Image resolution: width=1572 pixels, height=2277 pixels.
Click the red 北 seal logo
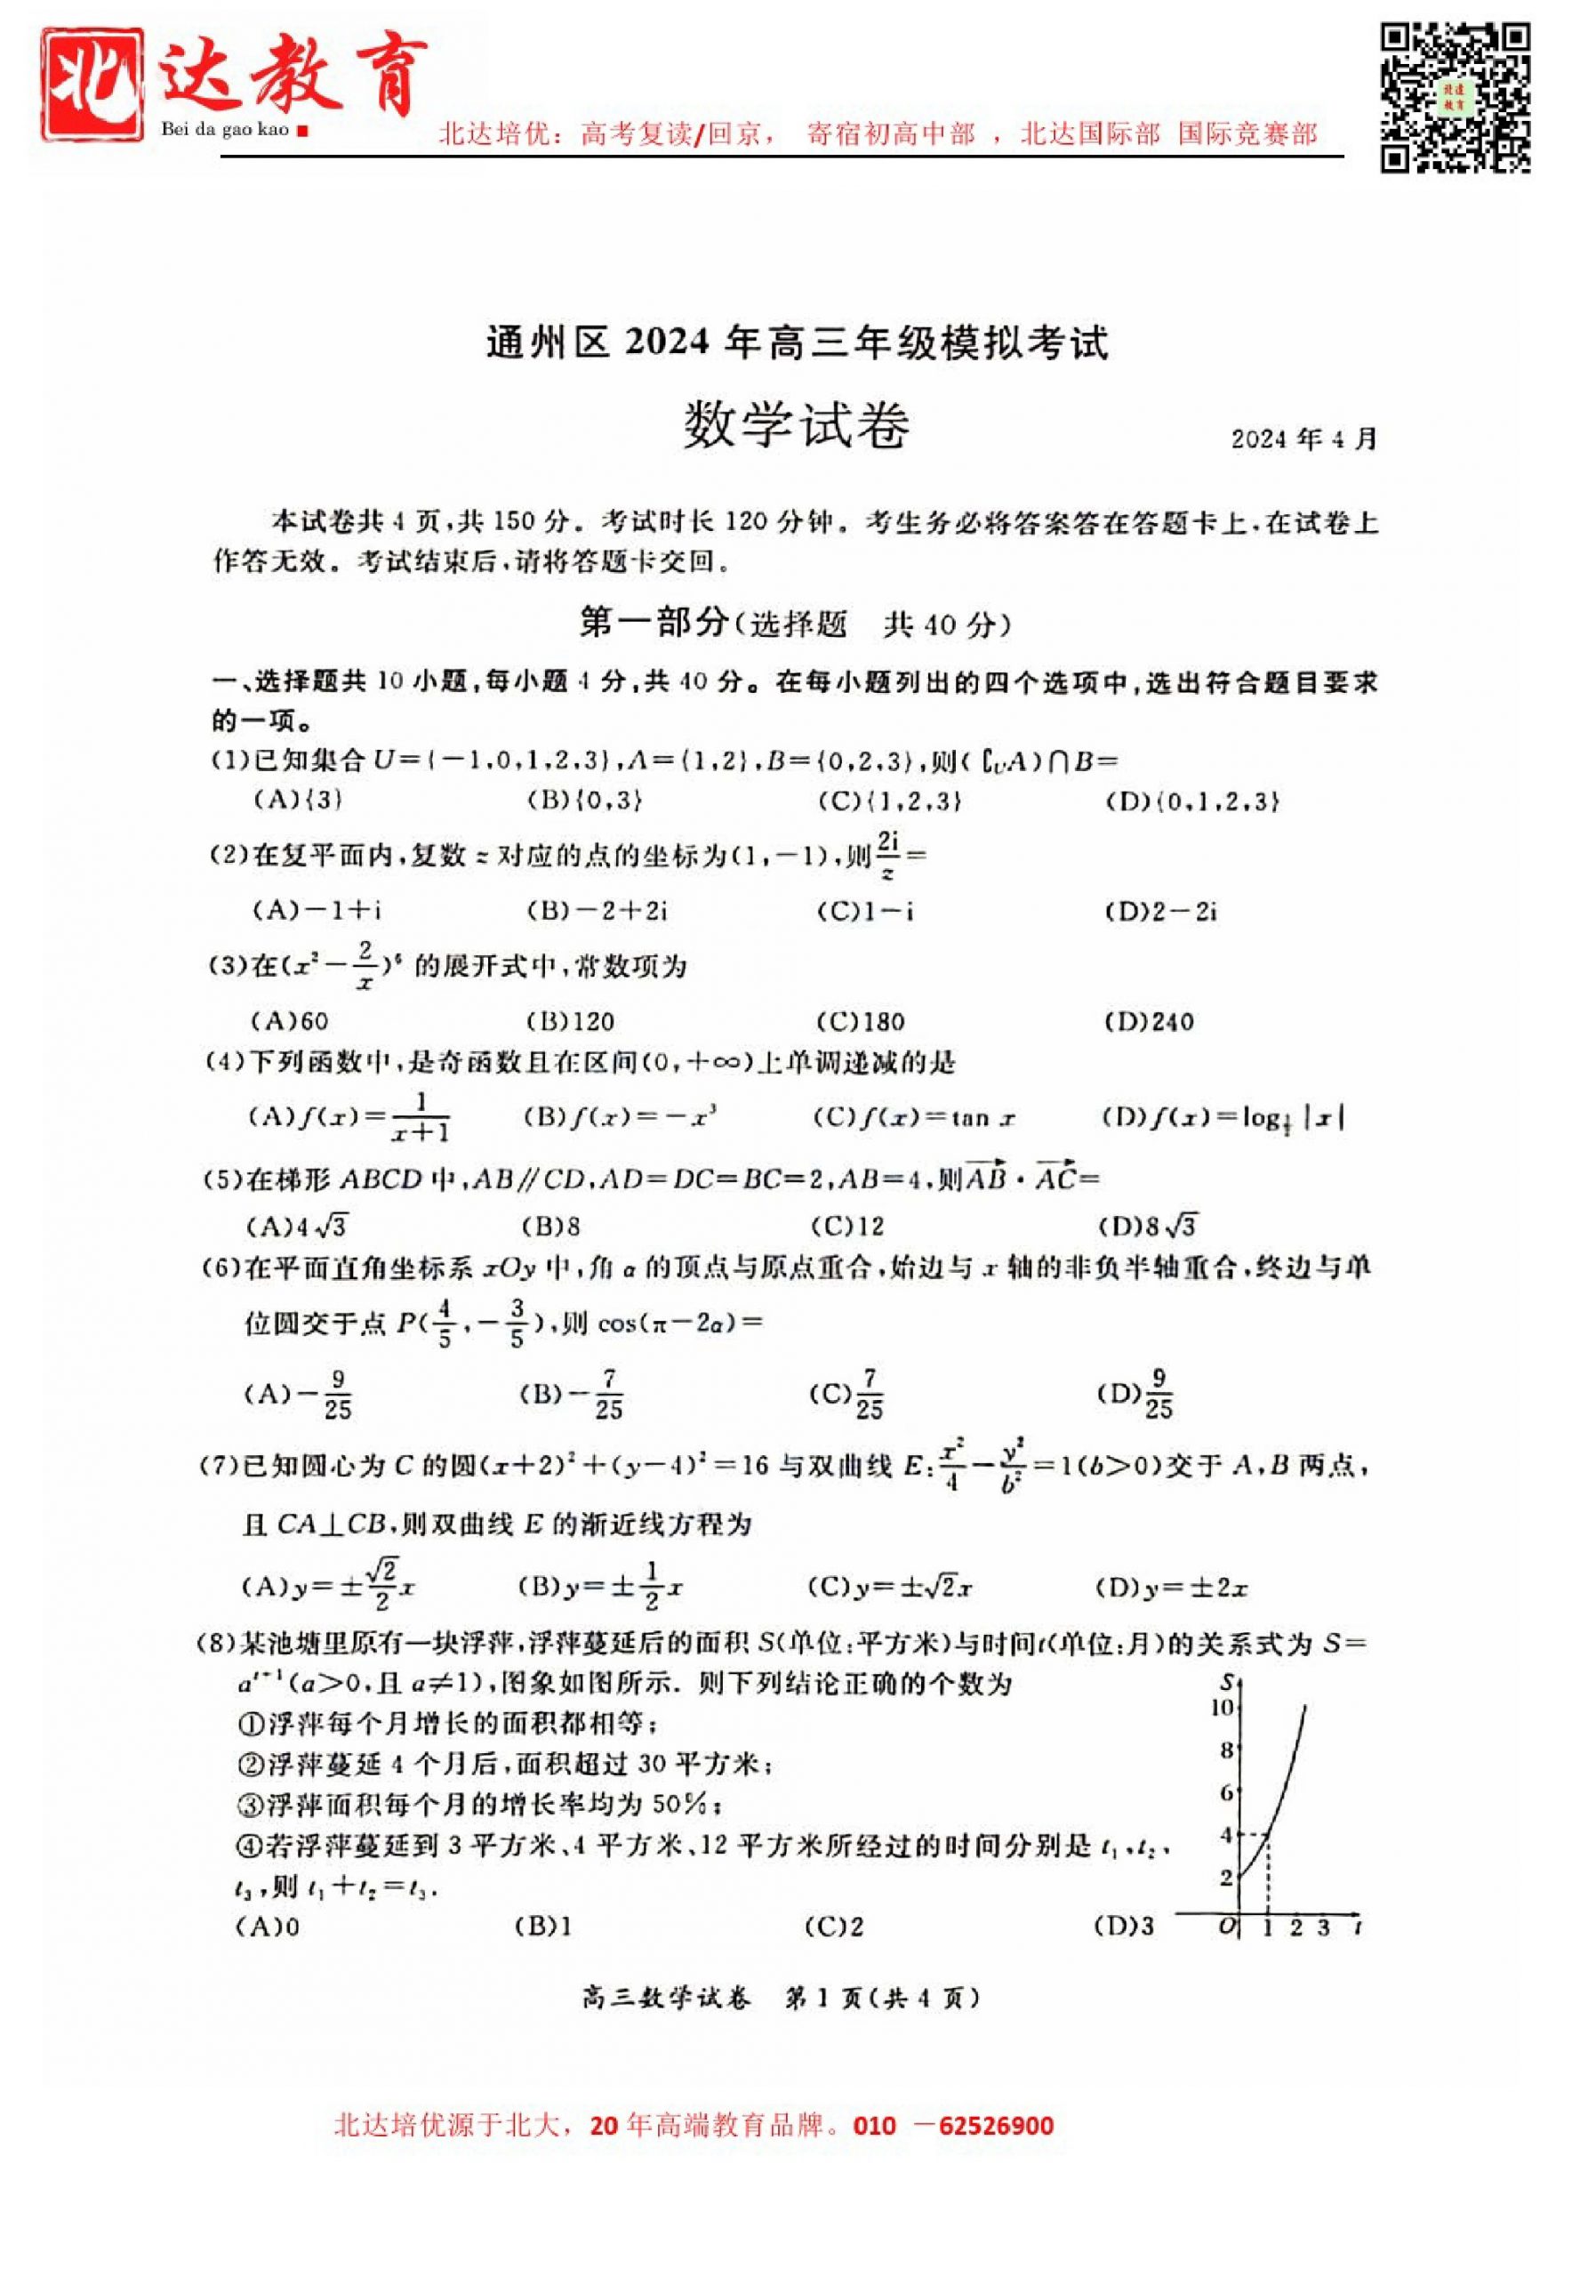[x=92, y=84]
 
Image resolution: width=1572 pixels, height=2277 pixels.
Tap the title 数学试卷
[x=796, y=426]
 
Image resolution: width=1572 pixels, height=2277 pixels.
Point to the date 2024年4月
[x=1302, y=439]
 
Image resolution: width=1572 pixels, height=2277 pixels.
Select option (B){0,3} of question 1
[x=585, y=800]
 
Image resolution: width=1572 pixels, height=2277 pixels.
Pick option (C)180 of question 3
[x=860, y=1022]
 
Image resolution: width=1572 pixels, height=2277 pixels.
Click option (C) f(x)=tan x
[x=914, y=1117]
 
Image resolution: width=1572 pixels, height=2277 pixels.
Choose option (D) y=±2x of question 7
[x=1172, y=1589]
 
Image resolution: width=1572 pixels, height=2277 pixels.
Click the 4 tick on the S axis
[x=1226, y=1835]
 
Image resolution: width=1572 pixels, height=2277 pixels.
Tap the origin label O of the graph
[x=1226, y=1927]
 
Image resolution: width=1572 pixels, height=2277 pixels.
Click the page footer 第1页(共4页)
[x=881, y=1997]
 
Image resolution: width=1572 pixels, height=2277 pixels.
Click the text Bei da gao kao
[x=226, y=129]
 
